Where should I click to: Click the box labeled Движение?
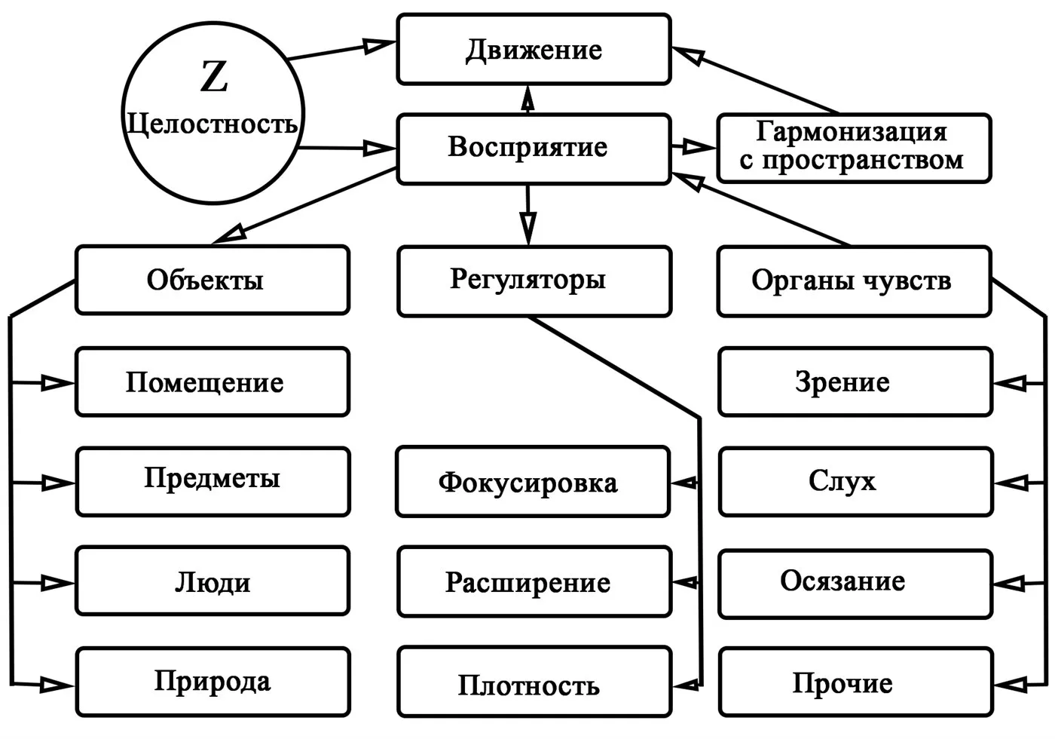[x=534, y=50]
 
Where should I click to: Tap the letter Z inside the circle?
[x=214, y=77]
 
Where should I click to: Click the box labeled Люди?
[x=212, y=581]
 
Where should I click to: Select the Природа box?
[x=212, y=682]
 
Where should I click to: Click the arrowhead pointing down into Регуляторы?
[x=528, y=227]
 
